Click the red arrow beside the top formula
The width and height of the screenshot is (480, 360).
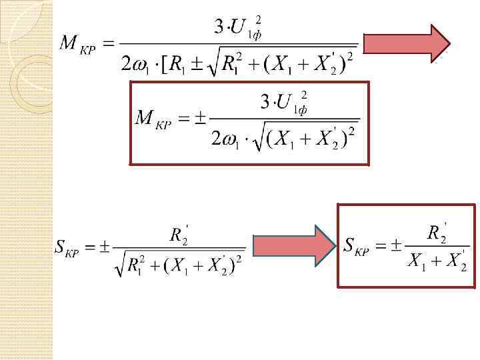click(407, 44)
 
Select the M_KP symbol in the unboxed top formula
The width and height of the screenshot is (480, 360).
click(77, 44)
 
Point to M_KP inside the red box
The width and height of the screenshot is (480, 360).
click(153, 119)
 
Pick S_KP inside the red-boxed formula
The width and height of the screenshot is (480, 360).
click(357, 245)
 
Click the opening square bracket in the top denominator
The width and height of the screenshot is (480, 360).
click(165, 65)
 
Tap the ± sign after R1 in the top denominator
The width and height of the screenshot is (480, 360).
click(197, 65)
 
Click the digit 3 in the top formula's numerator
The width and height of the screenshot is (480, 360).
click(219, 27)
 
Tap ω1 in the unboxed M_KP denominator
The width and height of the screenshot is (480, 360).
click(142, 65)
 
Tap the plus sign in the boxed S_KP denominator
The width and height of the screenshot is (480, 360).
click(436, 261)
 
